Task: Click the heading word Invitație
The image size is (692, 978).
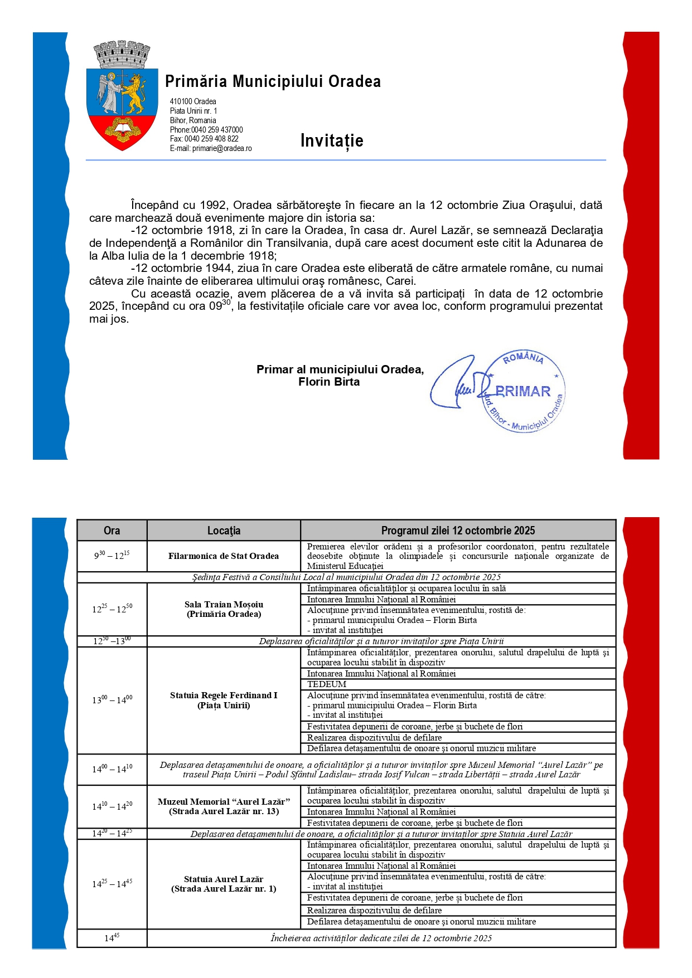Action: (x=332, y=140)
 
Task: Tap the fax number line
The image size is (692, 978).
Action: (x=204, y=139)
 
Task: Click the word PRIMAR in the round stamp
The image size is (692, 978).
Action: (x=522, y=391)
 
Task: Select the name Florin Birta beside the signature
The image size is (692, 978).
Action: (x=329, y=382)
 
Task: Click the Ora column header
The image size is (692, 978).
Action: (x=112, y=531)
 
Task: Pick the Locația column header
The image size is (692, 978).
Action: (x=224, y=531)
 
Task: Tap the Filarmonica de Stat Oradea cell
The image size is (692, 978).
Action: (x=224, y=556)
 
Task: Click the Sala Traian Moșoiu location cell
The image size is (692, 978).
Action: (x=224, y=609)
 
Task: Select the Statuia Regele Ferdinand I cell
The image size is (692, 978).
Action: (x=224, y=700)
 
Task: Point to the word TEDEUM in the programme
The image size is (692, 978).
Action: (x=327, y=684)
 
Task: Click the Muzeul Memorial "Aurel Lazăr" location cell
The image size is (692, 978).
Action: (x=224, y=806)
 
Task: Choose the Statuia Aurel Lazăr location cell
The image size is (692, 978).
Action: (x=224, y=884)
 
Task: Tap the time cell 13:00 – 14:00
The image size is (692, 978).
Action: (x=112, y=700)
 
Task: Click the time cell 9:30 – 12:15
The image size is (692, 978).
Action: (x=112, y=556)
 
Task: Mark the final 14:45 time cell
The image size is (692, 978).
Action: (x=112, y=938)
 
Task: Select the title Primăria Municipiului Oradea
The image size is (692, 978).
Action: (x=273, y=81)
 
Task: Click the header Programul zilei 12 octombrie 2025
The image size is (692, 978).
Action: (x=458, y=531)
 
